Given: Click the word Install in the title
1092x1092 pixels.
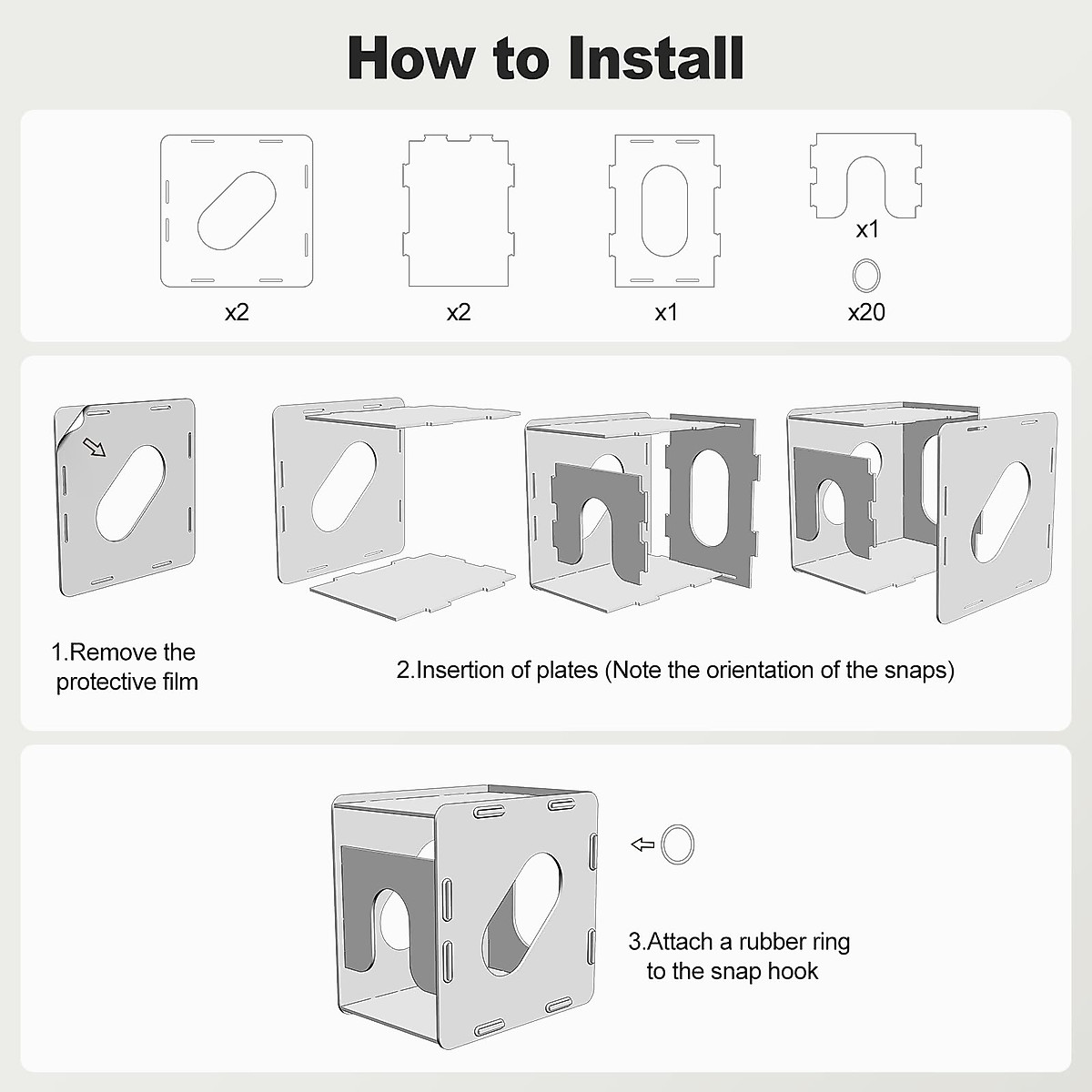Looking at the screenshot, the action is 655,58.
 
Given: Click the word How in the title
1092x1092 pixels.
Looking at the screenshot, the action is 412,58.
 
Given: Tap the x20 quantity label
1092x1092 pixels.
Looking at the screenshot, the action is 866,312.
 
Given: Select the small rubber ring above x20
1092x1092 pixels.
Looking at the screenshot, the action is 854,276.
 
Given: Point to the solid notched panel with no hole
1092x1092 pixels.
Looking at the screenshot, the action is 459,211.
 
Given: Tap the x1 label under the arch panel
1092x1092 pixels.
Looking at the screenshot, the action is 867,229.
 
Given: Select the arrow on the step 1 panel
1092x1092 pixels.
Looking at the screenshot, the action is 94,447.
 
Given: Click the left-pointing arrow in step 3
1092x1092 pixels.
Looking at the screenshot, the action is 642,844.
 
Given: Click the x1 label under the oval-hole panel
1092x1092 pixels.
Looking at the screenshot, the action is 666,312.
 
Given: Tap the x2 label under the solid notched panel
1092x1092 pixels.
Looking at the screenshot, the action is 459,312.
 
